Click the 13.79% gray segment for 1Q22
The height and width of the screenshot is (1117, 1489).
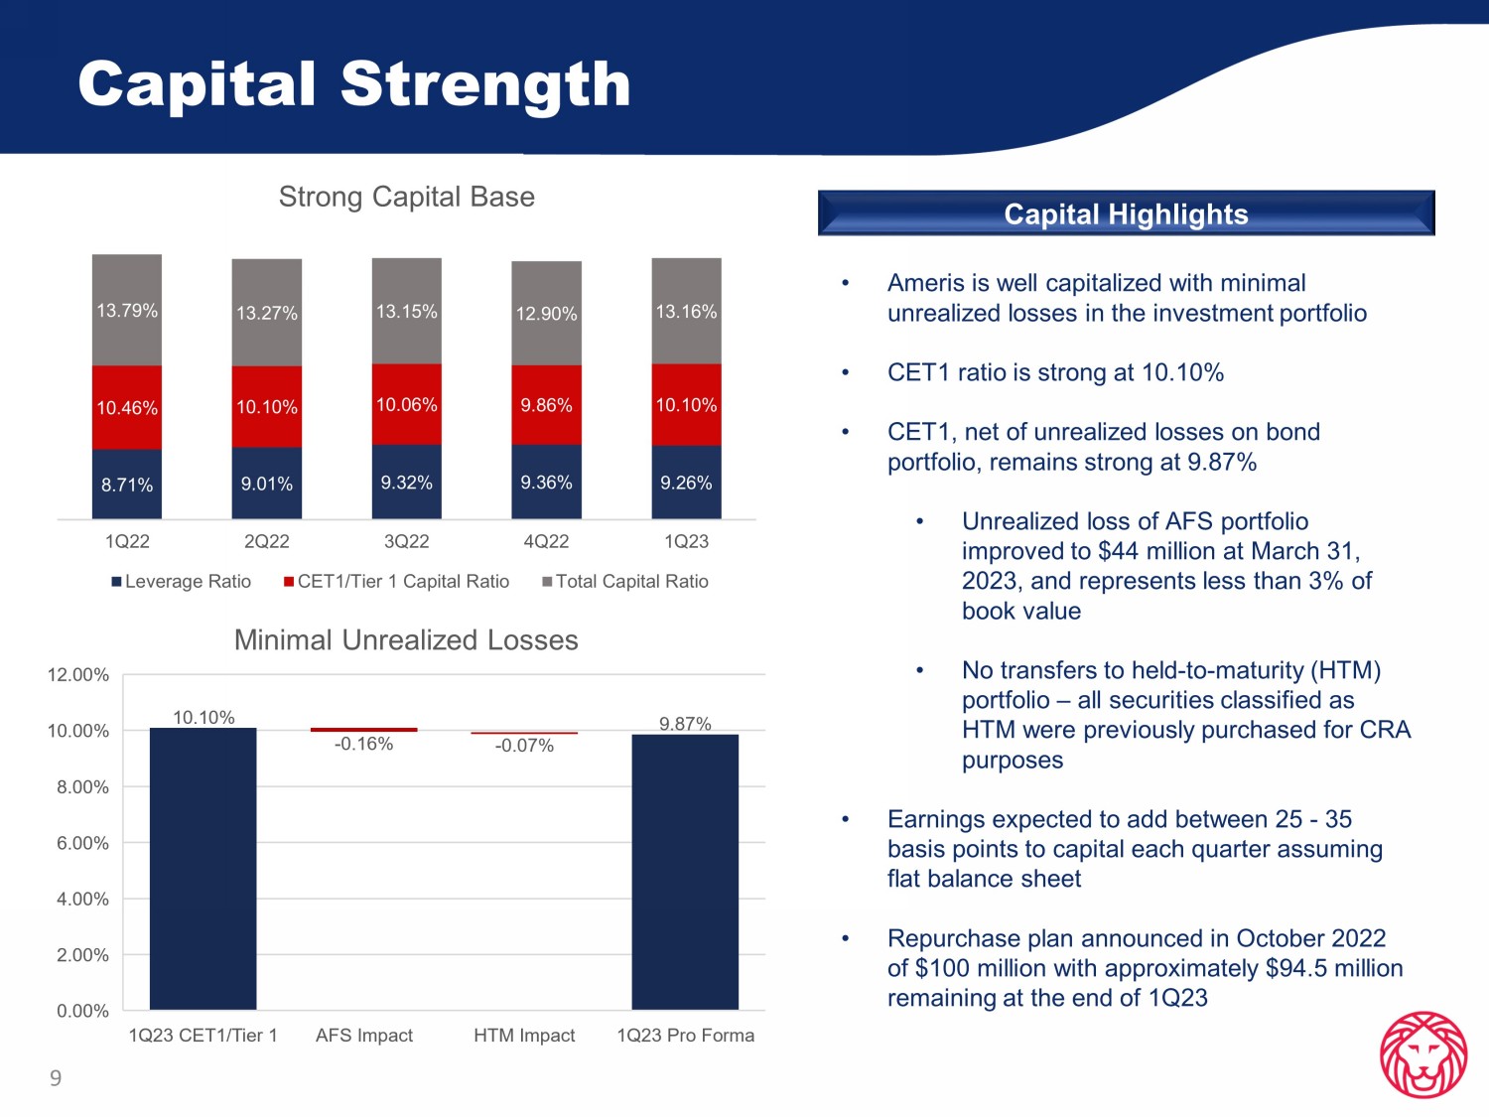click(127, 310)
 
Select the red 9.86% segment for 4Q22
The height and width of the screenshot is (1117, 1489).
click(546, 405)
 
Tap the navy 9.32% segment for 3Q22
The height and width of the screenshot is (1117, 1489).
click(406, 482)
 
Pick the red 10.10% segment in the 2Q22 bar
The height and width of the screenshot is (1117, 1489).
click(267, 407)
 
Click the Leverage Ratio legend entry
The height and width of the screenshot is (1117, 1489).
click(181, 581)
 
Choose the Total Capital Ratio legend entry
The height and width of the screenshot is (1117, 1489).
click(625, 581)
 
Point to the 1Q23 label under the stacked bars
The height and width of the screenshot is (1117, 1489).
click(687, 541)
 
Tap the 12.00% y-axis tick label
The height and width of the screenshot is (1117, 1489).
click(78, 675)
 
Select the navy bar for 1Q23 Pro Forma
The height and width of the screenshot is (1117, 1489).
click(685, 872)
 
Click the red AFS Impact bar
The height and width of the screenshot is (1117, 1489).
click(364, 730)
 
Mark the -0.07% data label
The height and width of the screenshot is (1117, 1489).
click(524, 746)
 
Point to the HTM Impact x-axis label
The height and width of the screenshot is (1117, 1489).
click(524, 1036)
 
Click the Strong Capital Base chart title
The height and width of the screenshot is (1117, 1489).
click(407, 197)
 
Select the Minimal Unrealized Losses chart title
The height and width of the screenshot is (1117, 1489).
click(406, 640)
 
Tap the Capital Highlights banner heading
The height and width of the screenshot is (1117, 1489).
click(1126, 214)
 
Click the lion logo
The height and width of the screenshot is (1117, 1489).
click(1423, 1054)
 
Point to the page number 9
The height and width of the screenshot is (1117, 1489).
click(56, 1077)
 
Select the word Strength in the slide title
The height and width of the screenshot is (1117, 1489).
click(485, 84)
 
